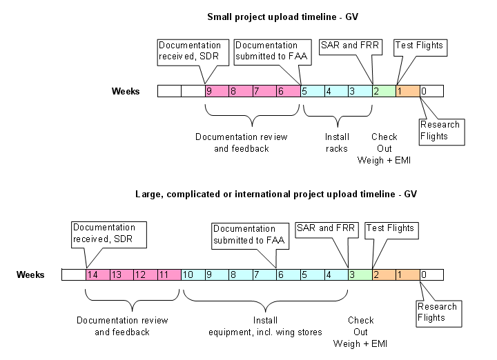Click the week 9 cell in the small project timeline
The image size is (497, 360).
click(216, 91)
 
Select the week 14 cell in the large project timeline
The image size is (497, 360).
click(97, 274)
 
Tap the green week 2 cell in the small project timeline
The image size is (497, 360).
click(384, 91)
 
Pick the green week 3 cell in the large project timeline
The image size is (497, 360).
click(360, 274)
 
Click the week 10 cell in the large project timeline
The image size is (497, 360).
click(192, 274)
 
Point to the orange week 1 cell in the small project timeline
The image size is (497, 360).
click(408, 91)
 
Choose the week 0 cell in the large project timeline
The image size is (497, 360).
click(431, 274)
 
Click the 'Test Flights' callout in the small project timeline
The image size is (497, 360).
click(418, 46)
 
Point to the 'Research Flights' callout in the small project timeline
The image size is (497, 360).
click(440, 130)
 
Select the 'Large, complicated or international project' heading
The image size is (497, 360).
click(276, 194)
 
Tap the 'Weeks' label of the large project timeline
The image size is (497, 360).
click(31, 275)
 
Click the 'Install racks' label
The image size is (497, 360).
click(336, 142)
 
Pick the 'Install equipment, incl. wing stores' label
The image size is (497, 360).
click(265, 326)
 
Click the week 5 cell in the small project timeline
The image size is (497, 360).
click(312, 91)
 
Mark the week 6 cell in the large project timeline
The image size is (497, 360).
click(288, 274)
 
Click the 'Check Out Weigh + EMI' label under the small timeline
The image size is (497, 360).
click(384, 148)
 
